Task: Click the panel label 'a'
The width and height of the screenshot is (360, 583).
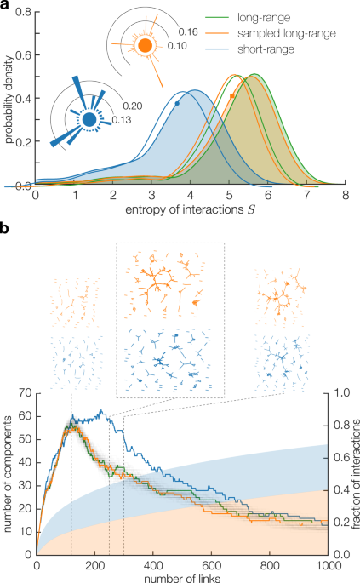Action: point(6,6)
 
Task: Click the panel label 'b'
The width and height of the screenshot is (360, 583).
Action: point(6,229)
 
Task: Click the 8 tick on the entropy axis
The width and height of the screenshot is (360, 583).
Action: point(345,196)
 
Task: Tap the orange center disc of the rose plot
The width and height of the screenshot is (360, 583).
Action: point(145,44)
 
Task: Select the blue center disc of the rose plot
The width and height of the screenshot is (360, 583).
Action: point(89,121)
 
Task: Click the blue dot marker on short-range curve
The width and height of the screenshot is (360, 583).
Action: point(177,103)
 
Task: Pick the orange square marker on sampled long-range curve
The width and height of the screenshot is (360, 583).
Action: point(232,96)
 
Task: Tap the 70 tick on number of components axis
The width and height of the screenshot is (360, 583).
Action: point(25,392)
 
